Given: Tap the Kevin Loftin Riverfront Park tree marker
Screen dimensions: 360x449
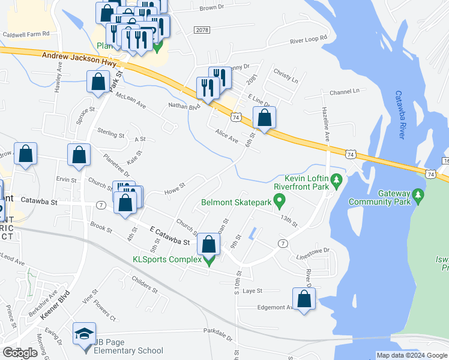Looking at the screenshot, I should coord(337,179).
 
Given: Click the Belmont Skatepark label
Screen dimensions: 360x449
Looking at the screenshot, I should coord(237,203).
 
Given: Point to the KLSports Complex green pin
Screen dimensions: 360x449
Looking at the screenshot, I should coord(209,260).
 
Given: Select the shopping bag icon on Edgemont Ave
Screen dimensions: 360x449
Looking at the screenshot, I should coord(304,299).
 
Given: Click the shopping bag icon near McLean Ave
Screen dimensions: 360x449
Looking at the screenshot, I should coord(98,82).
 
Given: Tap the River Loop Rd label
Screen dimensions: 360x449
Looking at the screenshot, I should coord(309,40).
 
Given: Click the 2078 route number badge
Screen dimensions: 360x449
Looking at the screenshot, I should coord(202,29).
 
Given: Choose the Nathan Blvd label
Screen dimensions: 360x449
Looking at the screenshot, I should coord(183,106).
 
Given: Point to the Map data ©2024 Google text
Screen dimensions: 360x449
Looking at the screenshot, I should coord(412,355).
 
